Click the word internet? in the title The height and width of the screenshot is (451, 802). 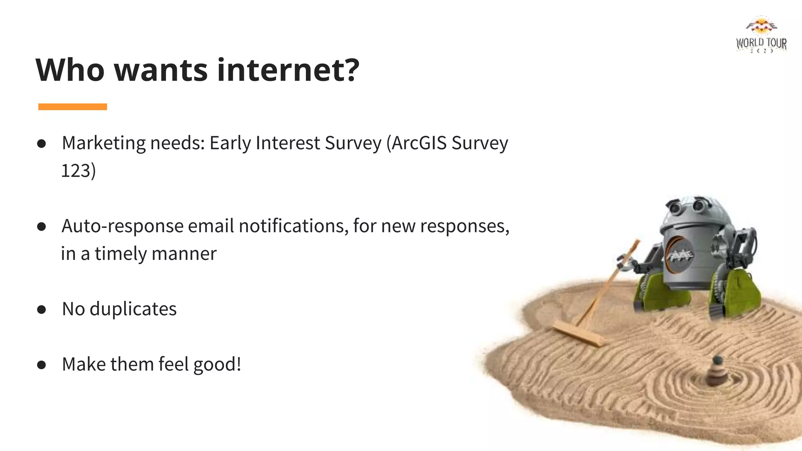288,70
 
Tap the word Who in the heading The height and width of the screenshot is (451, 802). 70,70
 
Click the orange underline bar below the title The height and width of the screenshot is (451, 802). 72,107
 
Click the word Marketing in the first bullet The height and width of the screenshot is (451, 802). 103,143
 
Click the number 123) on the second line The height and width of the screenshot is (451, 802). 78,171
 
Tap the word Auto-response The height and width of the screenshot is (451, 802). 122,226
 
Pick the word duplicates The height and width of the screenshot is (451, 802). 133,309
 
